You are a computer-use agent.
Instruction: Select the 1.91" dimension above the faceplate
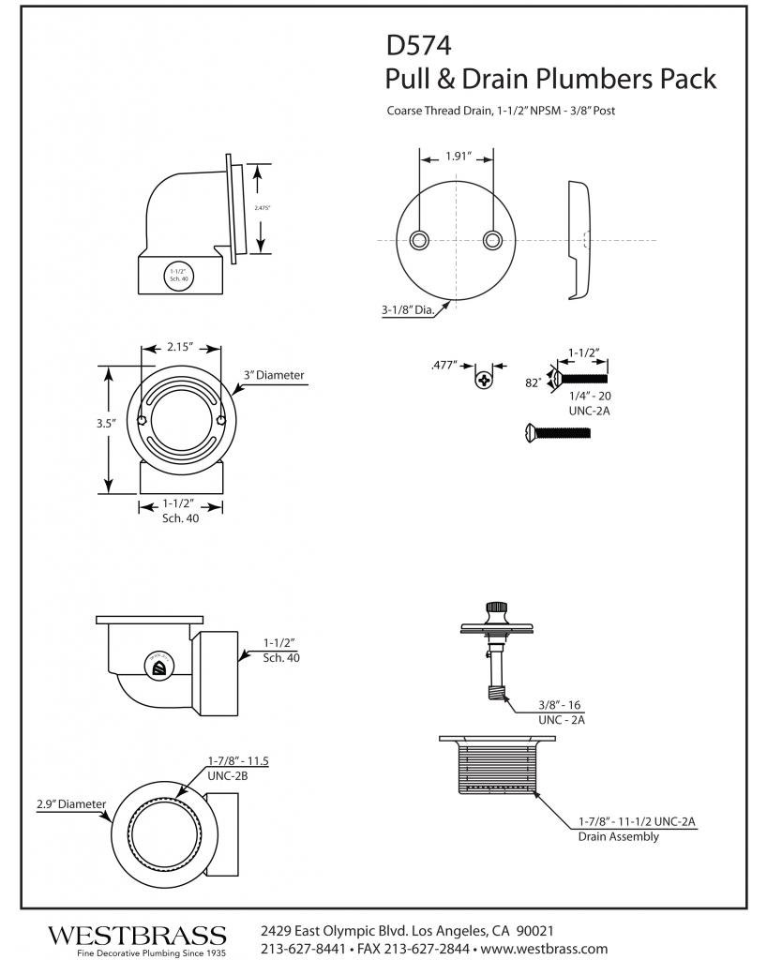click(457, 157)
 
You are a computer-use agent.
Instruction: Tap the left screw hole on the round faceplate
click(421, 239)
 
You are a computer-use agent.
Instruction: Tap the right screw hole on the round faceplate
click(492, 239)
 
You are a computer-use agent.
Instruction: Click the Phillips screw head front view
click(484, 380)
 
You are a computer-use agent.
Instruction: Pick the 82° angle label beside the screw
click(533, 382)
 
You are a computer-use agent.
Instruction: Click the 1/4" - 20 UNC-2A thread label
click(588, 404)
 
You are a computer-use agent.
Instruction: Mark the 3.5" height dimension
click(106, 424)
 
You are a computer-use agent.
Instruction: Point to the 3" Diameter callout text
click(274, 375)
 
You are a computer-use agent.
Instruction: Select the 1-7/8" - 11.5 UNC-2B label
click(238, 768)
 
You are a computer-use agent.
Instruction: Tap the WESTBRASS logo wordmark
click(137, 935)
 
